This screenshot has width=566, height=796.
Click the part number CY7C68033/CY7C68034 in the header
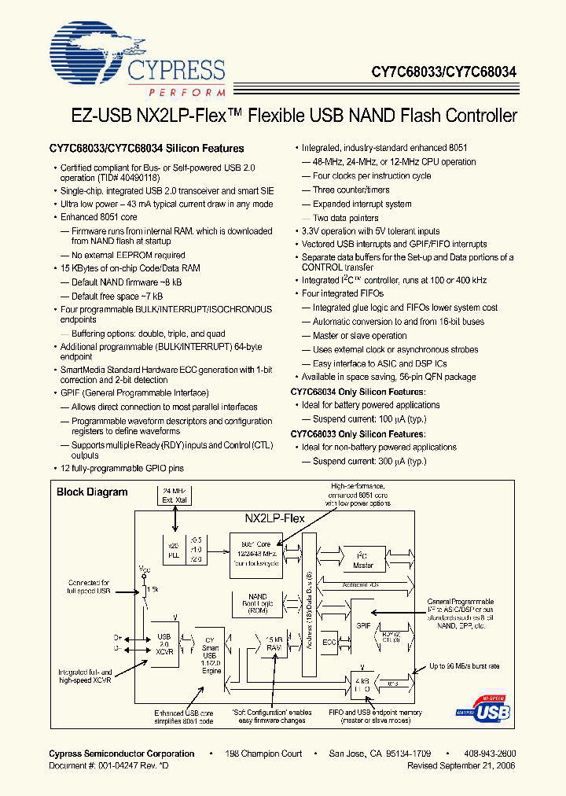click(444, 71)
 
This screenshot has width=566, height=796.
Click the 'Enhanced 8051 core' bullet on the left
click(99, 216)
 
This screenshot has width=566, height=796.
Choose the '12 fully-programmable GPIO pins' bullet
click(122, 469)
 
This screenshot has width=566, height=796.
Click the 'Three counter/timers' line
click(351, 190)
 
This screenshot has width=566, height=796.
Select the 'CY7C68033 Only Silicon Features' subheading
click(358, 433)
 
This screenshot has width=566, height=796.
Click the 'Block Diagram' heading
click(92, 492)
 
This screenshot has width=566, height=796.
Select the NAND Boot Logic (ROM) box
click(257, 603)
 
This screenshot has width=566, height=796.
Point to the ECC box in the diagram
click(329, 642)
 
